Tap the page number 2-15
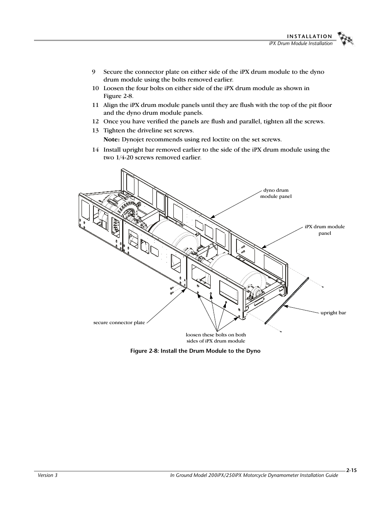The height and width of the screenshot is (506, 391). pos(351,471)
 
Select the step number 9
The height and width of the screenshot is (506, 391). pos(93,72)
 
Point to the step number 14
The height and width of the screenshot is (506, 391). pos(95,150)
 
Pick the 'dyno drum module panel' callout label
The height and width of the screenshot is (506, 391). pos(276,193)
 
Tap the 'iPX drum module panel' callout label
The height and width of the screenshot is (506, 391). pos(325,230)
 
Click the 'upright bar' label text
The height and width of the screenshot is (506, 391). pos(333,313)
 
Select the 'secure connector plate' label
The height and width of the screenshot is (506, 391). pos(119,322)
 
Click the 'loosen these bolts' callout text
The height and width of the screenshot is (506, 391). pos(216,338)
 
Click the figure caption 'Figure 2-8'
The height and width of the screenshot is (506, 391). pos(195,351)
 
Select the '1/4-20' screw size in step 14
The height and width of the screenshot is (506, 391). pos(123,158)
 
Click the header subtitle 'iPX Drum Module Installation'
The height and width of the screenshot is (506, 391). pos(298,43)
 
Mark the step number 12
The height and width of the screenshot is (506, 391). pos(95,122)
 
